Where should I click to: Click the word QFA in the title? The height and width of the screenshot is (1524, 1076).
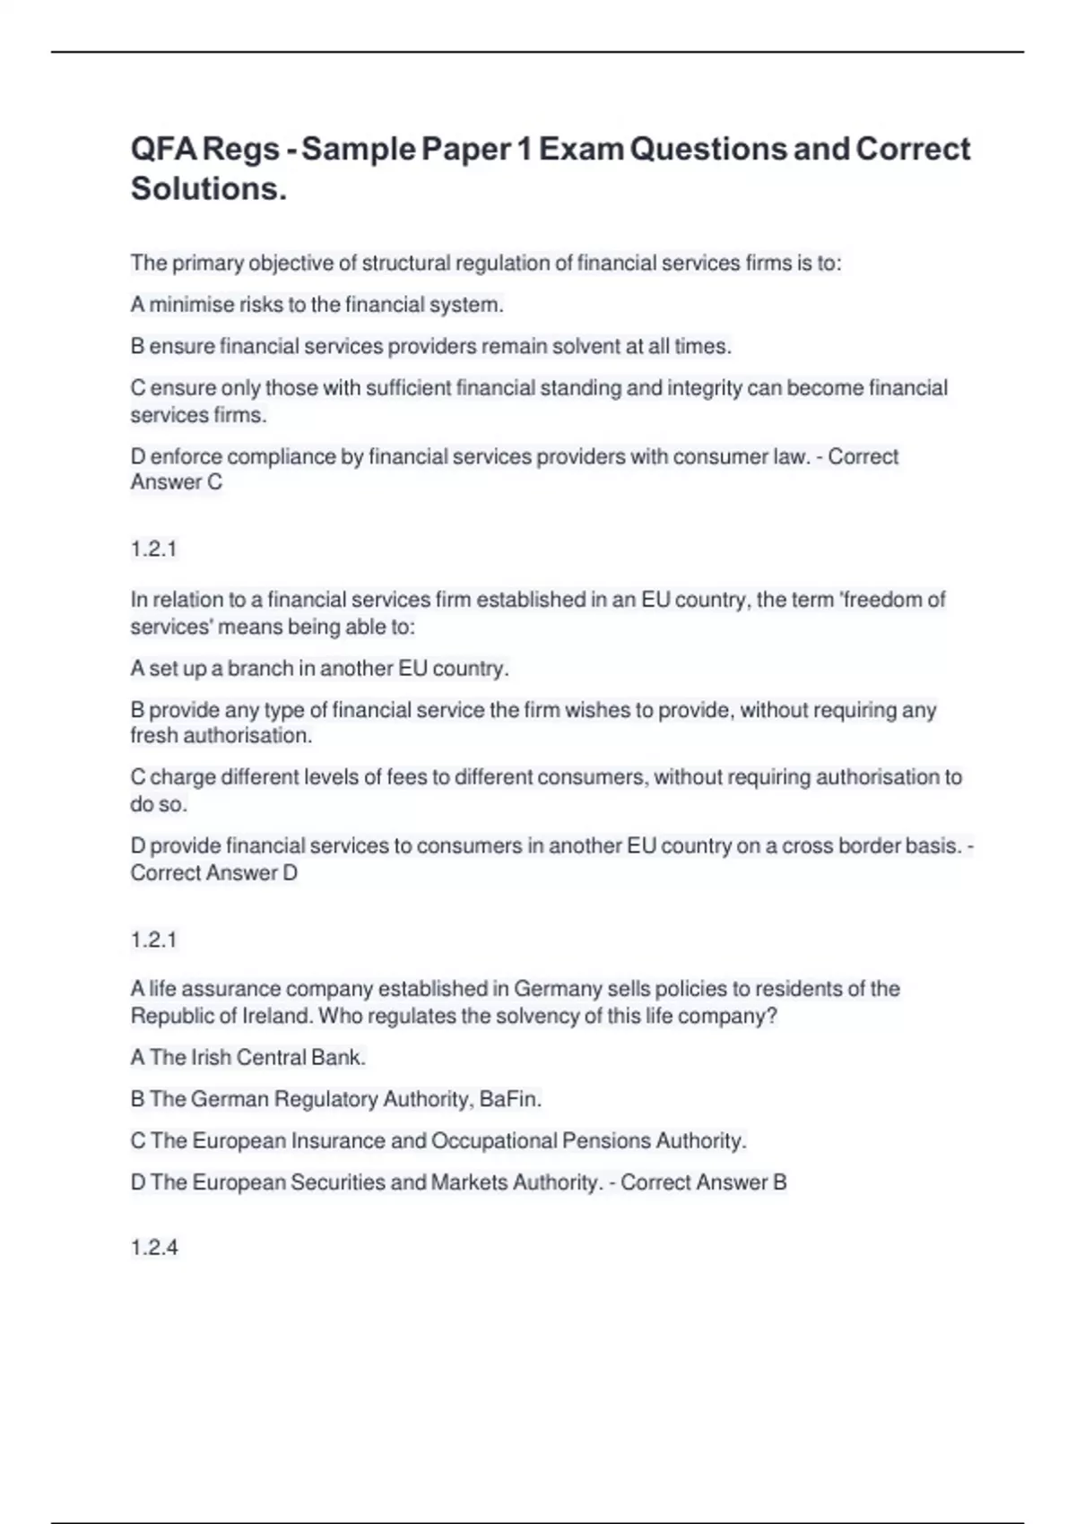click(162, 149)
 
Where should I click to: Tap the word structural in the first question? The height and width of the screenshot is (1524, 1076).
click(407, 264)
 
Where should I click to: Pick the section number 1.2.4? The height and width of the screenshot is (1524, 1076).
click(154, 1248)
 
